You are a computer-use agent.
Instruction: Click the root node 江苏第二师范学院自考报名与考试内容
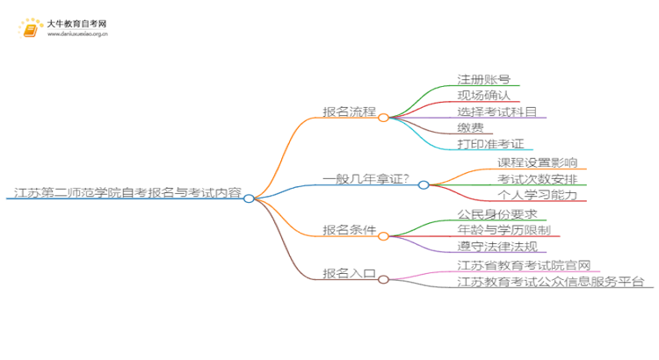(128, 192)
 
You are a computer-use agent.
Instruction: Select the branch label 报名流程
(349, 112)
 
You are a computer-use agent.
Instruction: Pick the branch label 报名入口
(349, 273)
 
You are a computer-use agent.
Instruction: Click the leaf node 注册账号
(483, 79)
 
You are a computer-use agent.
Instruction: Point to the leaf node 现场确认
(483, 96)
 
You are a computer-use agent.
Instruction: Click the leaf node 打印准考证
(490, 144)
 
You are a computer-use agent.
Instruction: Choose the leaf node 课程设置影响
(537, 162)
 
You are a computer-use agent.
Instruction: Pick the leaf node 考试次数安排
(537, 179)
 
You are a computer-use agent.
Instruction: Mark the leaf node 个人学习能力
(537, 195)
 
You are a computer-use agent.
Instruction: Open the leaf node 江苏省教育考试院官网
(523, 264)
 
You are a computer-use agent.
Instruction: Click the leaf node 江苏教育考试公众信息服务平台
(551, 281)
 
